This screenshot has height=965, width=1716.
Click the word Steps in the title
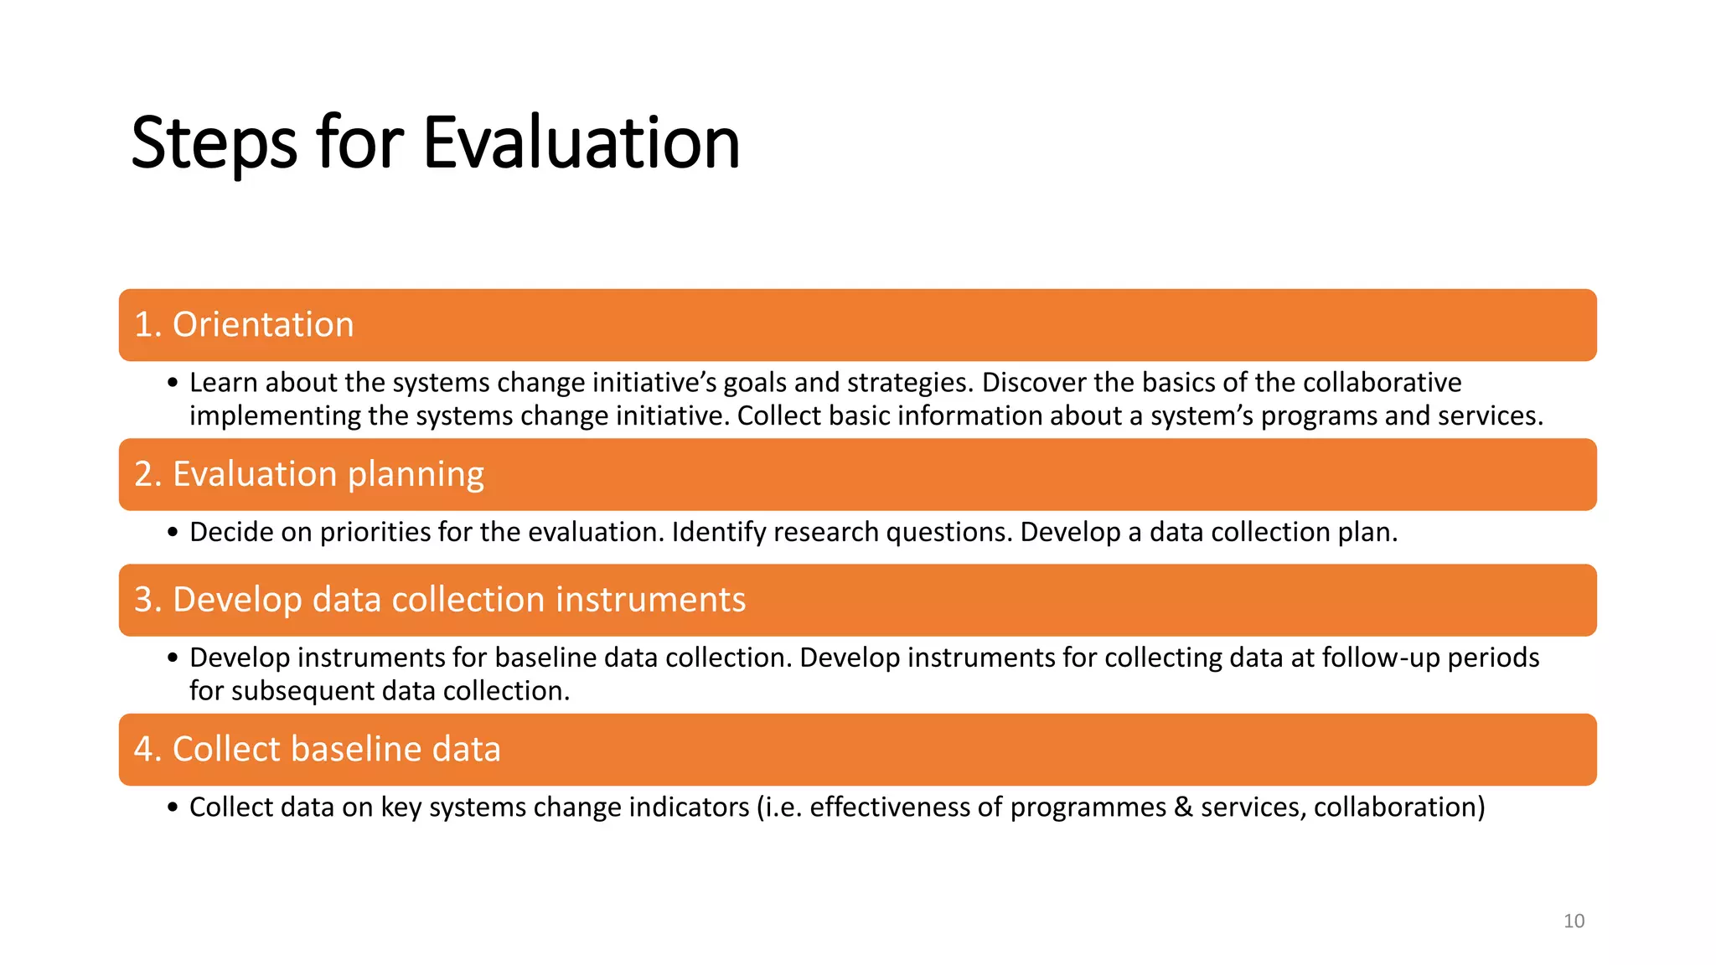[x=214, y=143]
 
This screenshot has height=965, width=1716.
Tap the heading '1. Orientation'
[x=244, y=325]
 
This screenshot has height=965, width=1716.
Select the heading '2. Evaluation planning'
[x=309, y=474]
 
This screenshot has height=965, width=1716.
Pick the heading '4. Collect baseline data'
[x=317, y=749]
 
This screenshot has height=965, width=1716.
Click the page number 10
[x=1574, y=921]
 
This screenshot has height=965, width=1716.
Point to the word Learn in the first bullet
[x=224, y=383]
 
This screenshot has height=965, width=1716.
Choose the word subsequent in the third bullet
[x=302, y=691]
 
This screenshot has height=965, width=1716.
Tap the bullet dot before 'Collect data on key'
[x=173, y=808]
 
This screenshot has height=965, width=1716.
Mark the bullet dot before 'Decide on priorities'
[x=173, y=534]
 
